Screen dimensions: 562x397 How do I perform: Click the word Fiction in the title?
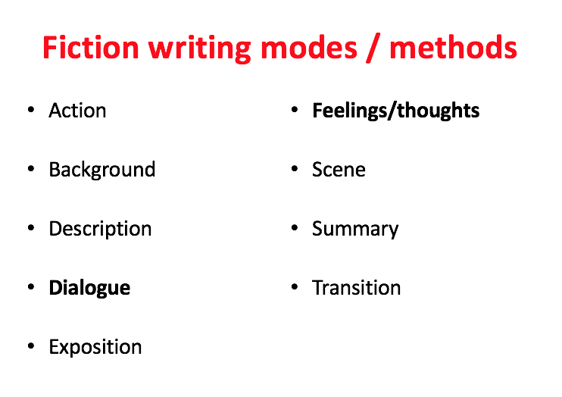[91, 47]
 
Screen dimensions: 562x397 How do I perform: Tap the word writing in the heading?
[199, 49]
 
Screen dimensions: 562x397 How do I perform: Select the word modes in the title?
[309, 47]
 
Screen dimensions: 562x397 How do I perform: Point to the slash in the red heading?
[373, 48]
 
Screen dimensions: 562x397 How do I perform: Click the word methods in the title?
[453, 47]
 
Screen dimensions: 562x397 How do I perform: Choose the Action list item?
[77, 110]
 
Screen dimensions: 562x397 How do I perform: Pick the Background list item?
[102, 170]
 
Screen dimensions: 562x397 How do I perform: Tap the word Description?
[100, 229]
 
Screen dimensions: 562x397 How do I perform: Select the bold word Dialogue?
[89, 289]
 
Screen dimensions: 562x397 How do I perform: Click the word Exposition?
[95, 348]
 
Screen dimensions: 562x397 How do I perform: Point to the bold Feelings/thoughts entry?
[395, 111]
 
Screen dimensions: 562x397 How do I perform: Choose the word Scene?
[339, 170]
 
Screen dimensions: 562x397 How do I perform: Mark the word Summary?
[355, 229]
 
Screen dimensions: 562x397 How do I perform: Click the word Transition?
[356, 288]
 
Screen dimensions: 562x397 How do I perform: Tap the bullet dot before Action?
[31, 109]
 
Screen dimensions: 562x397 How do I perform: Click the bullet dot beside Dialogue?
[31, 287]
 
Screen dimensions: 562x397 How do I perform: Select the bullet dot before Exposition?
[31, 346]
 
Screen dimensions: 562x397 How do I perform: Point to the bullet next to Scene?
[295, 168]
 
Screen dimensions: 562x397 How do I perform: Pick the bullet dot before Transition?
[295, 287]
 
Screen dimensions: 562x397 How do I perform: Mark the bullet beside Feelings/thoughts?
[295, 109]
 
